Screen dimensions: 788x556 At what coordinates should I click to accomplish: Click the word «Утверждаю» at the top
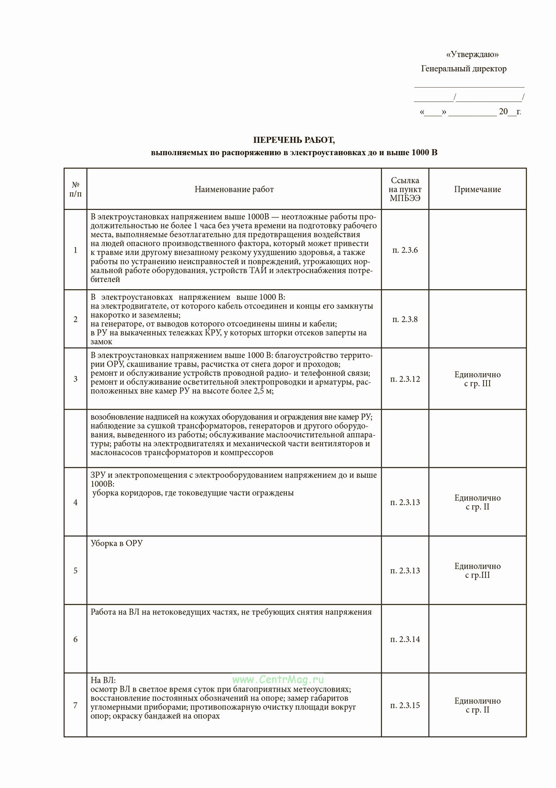coord(472,55)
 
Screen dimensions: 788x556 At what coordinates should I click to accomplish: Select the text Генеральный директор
coord(464,69)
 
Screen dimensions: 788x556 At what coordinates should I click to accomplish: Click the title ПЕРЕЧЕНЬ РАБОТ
coord(294,140)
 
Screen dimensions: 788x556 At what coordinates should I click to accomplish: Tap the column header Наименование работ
coord(234,190)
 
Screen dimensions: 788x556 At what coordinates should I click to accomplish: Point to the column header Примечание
coord(477,190)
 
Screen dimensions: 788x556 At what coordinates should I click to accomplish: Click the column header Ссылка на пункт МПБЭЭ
coord(405,190)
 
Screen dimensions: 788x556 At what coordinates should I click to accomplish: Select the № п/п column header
coord(76,190)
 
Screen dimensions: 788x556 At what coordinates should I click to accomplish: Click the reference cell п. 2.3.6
coord(405,250)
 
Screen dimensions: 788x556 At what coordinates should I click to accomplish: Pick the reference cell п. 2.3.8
coord(405,319)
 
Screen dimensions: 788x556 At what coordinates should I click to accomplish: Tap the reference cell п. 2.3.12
coord(405,379)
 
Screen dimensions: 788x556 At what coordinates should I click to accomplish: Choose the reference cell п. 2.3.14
coord(405,640)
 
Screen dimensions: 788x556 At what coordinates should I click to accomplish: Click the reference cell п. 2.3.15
coord(405,705)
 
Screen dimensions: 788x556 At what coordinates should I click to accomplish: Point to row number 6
coord(76,640)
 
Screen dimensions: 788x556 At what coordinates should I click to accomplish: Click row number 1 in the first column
coord(76,250)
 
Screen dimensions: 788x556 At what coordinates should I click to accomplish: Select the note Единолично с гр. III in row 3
coord(477,379)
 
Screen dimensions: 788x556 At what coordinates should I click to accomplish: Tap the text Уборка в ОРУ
coord(117,543)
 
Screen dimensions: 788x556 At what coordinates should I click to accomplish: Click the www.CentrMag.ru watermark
coord(278,680)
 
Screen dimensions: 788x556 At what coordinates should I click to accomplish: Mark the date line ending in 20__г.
coord(470,112)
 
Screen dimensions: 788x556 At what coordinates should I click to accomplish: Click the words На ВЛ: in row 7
coord(103,680)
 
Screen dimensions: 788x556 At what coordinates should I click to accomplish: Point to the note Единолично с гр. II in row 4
coord(477,502)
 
